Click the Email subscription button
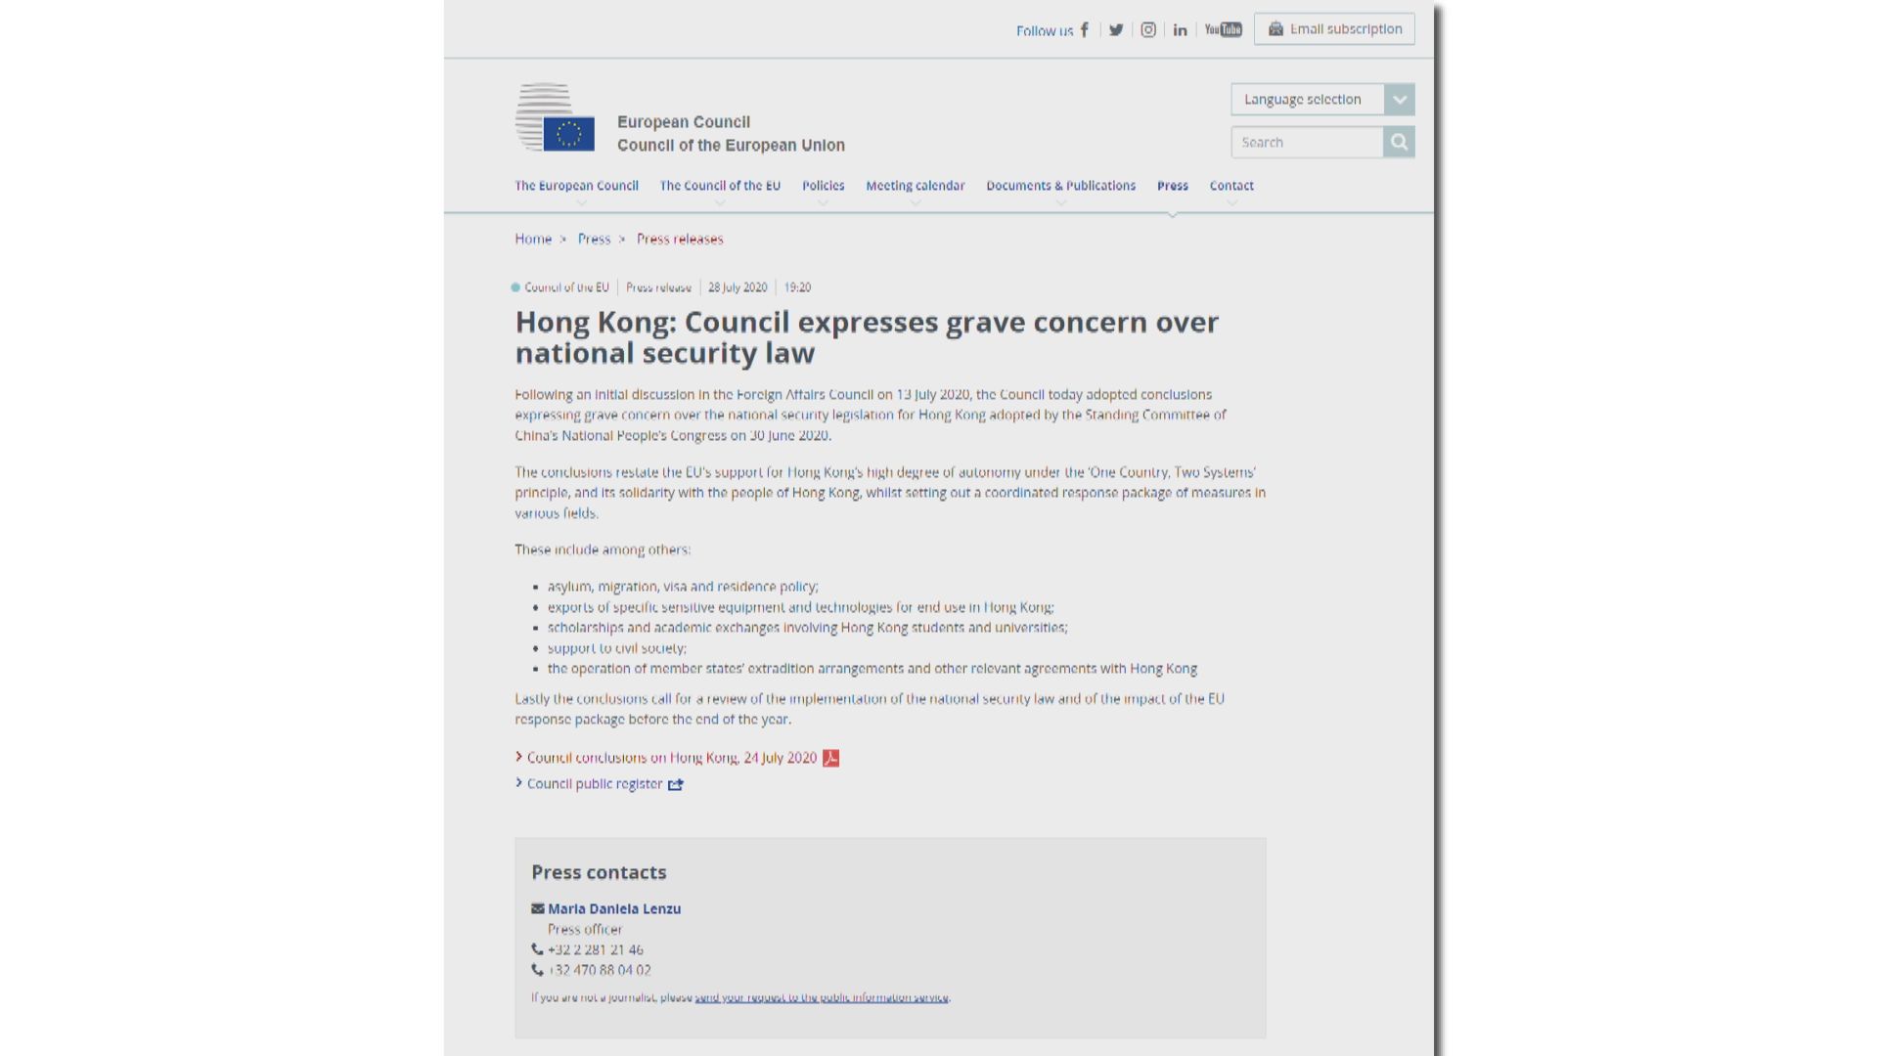[x=1334, y=29]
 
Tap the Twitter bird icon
[x=1116, y=30]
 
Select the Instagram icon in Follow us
[x=1148, y=30]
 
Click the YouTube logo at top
[x=1223, y=30]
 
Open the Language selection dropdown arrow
[x=1400, y=100]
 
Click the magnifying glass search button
[x=1399, y=143]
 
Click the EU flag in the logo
[x=568, y=134]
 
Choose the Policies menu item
[x=823, y=186]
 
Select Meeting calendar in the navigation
[x=915, y=186]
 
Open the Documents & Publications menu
[x=1060, y=186]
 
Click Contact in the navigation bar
[x=1230, y=186]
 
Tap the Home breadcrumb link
[x=533, y=240]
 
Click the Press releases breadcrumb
[x=680, y=240]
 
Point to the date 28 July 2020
[x=738, y=287]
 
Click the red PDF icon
[x=830, y=759]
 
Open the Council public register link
[x=595, y=784]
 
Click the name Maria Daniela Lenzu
[x=614, y=909]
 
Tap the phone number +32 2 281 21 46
[x=595, y=950]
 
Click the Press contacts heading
[x=599, y=872]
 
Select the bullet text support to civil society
[x=617, y=648]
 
